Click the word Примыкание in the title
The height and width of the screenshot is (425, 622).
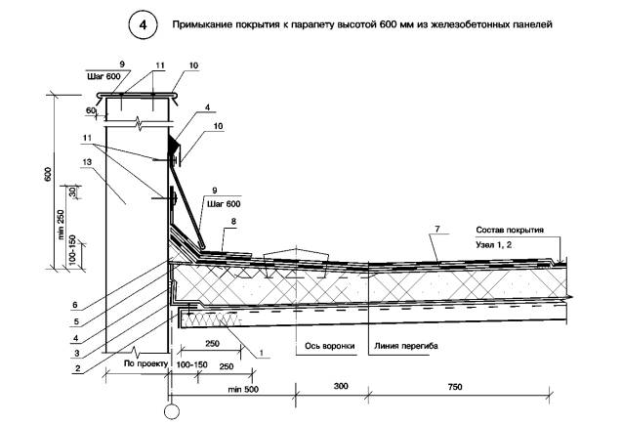pyautogui.click(x=208, y=23)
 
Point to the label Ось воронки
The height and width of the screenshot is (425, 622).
pyautogui.click(x=323, y=344)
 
